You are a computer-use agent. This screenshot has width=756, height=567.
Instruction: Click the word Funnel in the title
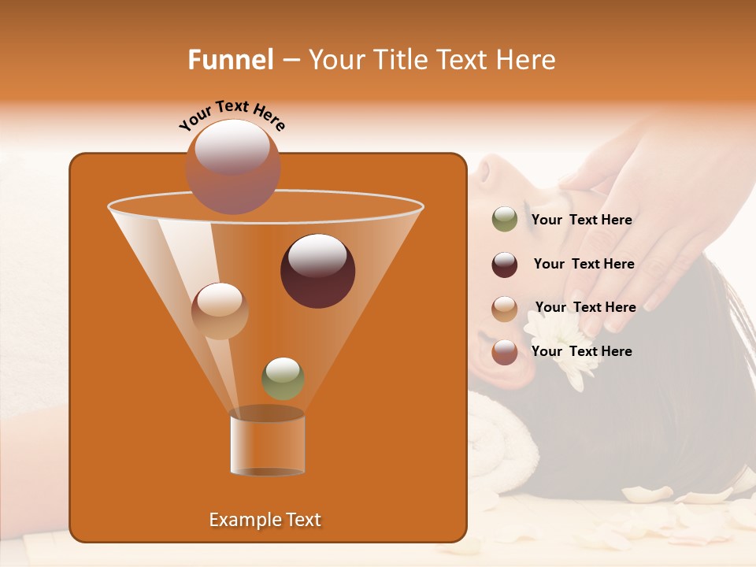[230, 60]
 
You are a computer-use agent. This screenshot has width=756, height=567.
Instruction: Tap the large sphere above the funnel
[232, 166]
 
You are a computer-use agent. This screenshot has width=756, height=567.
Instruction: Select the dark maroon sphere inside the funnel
[317, 271]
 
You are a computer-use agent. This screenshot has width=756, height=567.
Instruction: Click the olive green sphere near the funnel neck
[283, 379]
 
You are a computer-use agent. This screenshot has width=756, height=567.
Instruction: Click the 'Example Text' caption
[265, 520]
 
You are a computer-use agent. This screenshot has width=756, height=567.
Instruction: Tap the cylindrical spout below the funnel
[267, 443]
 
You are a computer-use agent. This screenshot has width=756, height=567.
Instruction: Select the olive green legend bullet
[505, 220]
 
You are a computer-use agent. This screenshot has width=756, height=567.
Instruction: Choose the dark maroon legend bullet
[505, 265]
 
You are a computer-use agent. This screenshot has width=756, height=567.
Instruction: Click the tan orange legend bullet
[505, 309]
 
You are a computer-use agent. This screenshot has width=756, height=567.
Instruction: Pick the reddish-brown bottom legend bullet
[505, 352]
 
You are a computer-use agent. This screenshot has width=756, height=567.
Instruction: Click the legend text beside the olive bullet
[581, 220]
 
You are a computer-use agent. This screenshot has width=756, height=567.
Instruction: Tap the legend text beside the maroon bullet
[584, 265]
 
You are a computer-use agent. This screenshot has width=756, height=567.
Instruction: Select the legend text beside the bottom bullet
[581, 351]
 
